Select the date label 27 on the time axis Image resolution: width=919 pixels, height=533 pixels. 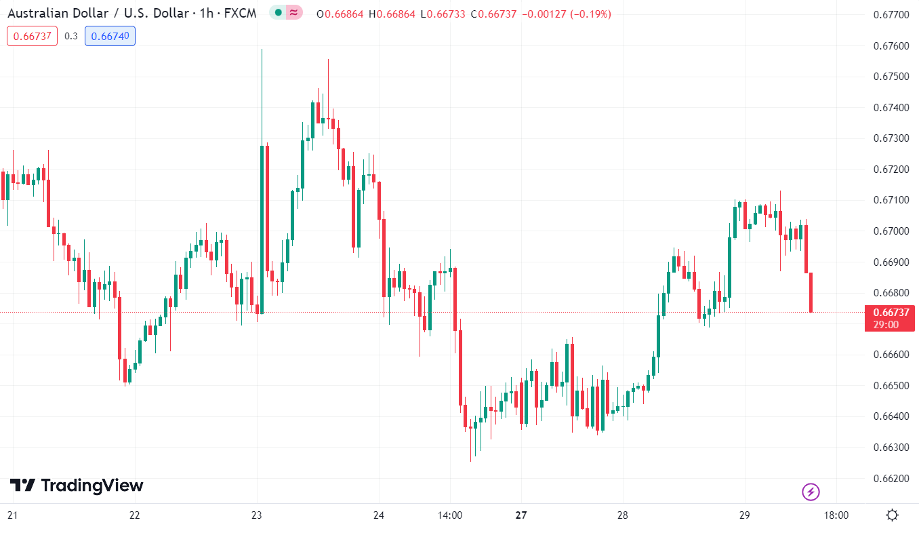coord(520,515)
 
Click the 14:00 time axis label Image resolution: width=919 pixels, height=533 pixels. coord(450,515)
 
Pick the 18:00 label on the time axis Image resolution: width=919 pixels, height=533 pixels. coord(836,515)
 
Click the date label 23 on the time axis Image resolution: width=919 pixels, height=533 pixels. coord(256,515)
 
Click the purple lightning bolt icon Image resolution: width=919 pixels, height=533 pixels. coord(811,492)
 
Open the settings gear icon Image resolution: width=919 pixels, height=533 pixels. coord(892,515)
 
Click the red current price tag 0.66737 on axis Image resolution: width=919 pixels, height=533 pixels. coord(890,313)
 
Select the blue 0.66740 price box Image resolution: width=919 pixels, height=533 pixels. coord(110,37)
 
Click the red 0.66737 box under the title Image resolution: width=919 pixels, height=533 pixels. coord(33,37)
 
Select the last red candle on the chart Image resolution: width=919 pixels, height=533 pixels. coord(811,292)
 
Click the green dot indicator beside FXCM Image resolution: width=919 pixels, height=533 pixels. coord(278,13)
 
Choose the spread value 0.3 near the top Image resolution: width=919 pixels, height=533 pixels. coord(71,37)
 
